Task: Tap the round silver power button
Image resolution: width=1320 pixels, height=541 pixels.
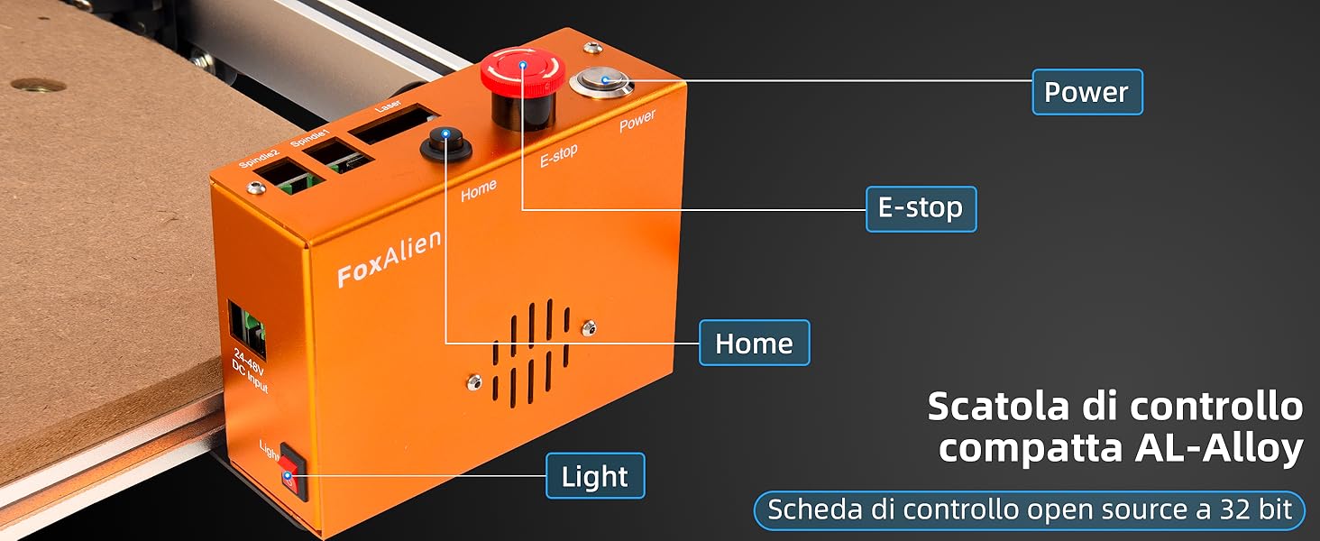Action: tap(600, 82)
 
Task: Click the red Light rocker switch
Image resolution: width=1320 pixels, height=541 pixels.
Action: tap(292, 470)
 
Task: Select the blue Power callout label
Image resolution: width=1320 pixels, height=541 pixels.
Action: tap(1086, 92)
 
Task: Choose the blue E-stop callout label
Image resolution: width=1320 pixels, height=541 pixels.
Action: tap(921, 208)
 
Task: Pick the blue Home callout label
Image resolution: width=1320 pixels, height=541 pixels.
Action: tap(754, 343)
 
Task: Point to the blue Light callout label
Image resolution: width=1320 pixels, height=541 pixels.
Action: tap(595, 476)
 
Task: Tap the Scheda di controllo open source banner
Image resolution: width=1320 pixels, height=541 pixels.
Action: tap(1029, 510)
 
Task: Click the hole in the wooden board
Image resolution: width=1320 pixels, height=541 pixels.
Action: tap(38, 87)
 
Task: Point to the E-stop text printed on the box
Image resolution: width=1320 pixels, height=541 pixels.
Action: tap(558, 156)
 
